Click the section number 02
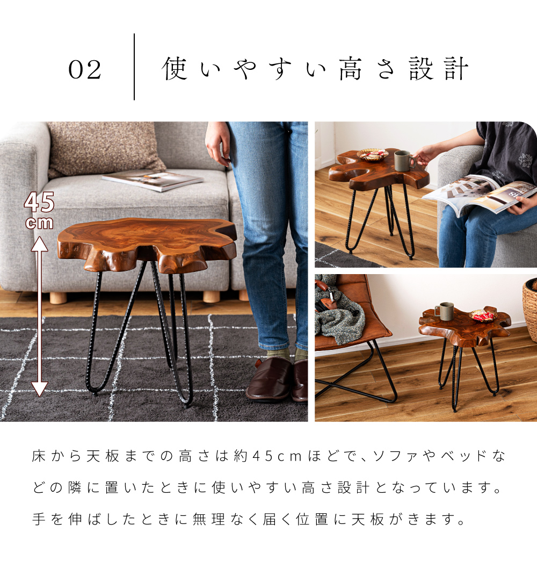coord(84,69)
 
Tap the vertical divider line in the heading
coord(134,67)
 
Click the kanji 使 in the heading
coord(175,68)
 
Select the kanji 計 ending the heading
coord(456,68)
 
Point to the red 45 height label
coord(39,202)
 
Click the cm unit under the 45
coord(39,223)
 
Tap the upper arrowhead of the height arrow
coord(40,244)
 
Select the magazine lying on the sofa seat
coord(153,180)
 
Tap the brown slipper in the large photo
coord(270,379)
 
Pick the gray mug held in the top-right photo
coord(404,161)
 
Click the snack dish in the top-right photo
coord(372,155)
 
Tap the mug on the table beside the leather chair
coord(445,311)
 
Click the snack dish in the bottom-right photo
coord(483,315)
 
